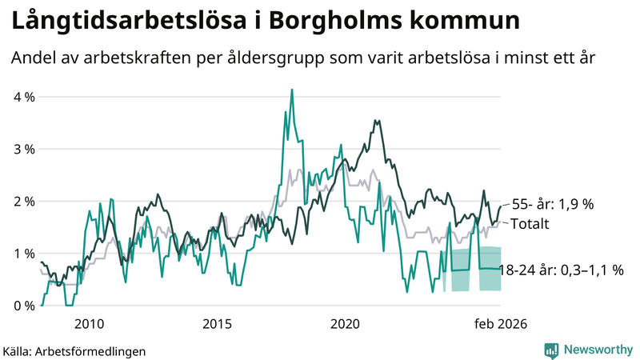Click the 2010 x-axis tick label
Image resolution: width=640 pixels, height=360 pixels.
[x=89, y=324]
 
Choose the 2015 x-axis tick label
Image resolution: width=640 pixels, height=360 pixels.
[x=217, y=324]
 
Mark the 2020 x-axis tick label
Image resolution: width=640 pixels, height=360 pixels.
[x=346, y=324]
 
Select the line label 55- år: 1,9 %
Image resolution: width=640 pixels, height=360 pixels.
[x=552, y=204]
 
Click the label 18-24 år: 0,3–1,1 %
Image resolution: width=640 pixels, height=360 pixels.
[x=561, y=270]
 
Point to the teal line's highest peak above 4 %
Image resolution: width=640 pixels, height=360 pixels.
[x=292, y=90]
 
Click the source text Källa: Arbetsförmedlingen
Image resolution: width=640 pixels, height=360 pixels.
[x=74, y=350]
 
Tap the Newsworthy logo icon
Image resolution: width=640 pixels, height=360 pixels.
[x=551, y=350]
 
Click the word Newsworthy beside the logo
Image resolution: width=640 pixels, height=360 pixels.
[x=597, y=350]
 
